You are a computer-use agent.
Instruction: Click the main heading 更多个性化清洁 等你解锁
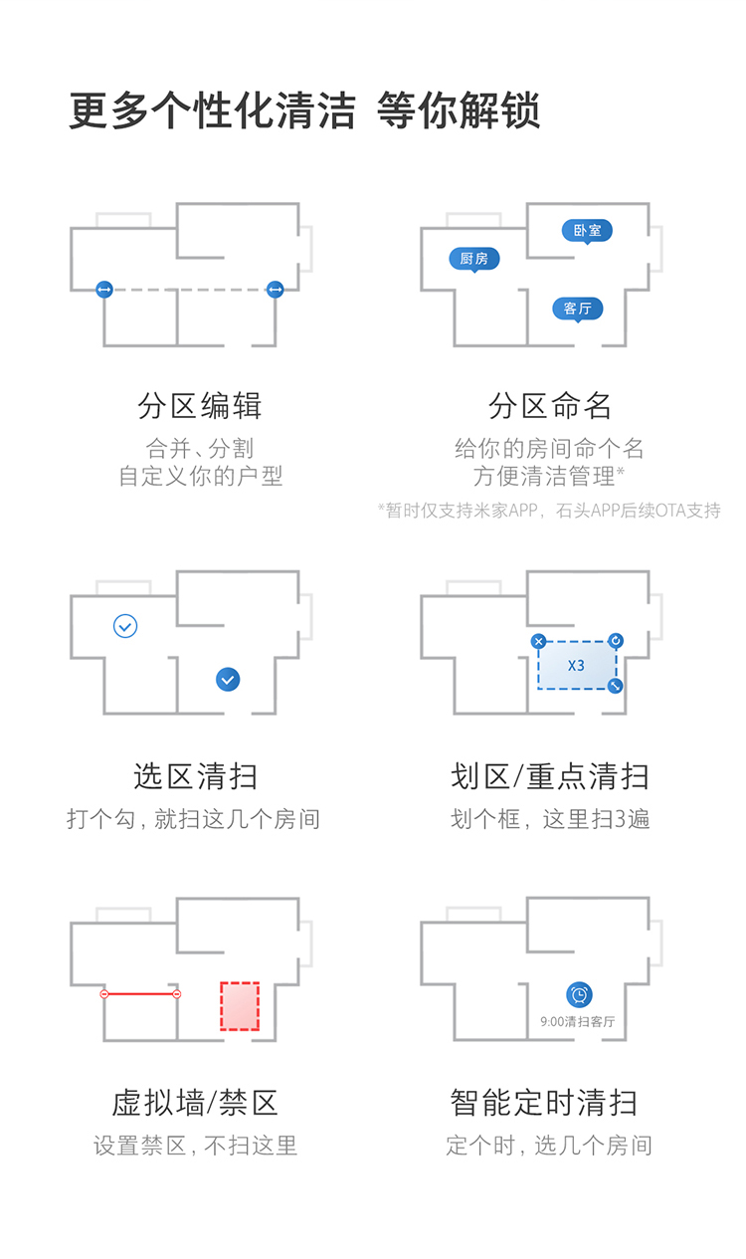pyautogui.click(x=304, y=110)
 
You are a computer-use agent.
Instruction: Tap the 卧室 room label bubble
pyautogui.click(x=587, y=231)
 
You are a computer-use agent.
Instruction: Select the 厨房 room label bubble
pyautogui.click(x=473, y=259)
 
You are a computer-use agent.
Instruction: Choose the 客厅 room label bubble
pyautogui.click(x=578, y=309)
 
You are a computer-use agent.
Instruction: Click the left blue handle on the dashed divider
pyautogui.click(x=104, y=290)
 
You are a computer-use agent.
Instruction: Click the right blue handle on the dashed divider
pyautogui.click(x=276, y=290)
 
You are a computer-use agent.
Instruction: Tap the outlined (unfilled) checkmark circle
pyautogui.click(x=125, y=626)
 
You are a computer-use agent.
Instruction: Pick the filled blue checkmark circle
pyautogui.click(x=228, y=680)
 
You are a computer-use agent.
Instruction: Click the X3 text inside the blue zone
pyautogui.click(x=576, y=666)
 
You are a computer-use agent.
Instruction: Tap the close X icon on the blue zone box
pyautogui.click(x=538, y=642)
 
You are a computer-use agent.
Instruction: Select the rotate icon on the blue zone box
pyautogui.click(x=616, y=641)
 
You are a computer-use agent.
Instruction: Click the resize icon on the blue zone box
pyautogui.click(x=616, y=686)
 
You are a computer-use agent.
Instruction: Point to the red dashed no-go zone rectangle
pyautogui.click(x=239, y=1006)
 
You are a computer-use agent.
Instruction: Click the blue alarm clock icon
pyautogui.click(x=579, y=994)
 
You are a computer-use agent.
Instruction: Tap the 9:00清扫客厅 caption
pyautogui.click(x=578, y=1021)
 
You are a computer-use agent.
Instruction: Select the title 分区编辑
pyautogui.click(x=200, y=406)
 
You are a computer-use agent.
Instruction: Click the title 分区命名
pyautogui.click(x=550, y=406)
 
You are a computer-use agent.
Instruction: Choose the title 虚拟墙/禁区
pyautogui.click(x=195, y=1103)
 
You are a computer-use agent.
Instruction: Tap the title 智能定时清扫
pyautogui.click(x=544, y=1103)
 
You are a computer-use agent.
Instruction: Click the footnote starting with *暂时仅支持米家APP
pyautogui.click(x=549, y=511)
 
